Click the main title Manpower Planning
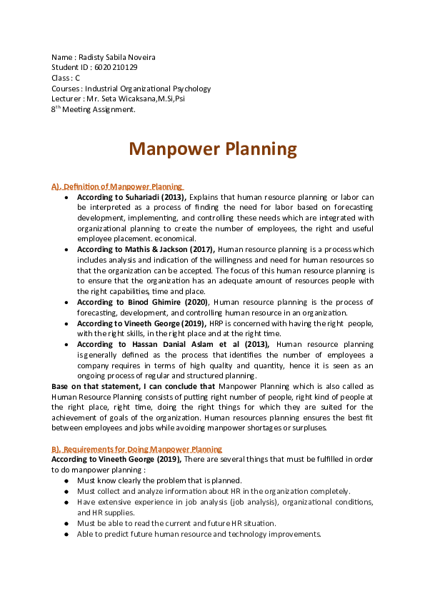(212, 148)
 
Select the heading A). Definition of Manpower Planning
(117, 186)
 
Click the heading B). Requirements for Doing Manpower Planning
(136, 449)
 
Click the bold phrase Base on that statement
(97, 386)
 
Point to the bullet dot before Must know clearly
(66, 481)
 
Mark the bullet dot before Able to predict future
(66, 534)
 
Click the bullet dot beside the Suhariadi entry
(66, 197)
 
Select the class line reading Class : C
(66, 78)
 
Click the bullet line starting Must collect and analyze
(214, 491)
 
